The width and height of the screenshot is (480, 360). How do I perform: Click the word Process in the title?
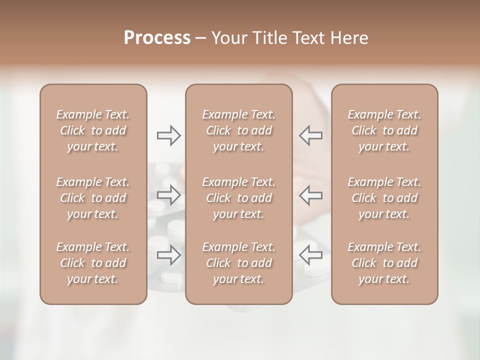(x=157, y=38)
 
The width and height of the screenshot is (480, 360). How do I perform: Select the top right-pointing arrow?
(x=168, y=135)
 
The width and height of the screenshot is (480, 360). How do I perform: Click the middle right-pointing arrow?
(x=168, y=195)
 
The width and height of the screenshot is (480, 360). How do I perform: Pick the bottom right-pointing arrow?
(x=168, y=254)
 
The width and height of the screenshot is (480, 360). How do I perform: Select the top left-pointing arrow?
(x=310, y=135)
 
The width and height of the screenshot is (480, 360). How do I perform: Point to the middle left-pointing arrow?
(x=310, y=195)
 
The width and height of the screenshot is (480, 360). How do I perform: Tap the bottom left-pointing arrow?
(x=310, y=254)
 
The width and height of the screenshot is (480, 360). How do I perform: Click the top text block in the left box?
(x=93, y=130)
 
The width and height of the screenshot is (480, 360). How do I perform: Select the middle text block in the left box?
(x=93, y=198)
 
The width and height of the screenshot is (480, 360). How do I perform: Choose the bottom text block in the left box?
(x=93, y=263)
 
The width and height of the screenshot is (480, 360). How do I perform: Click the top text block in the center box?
(x=239, y=130)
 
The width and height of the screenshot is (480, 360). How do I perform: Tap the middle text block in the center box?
(x=239, y=198)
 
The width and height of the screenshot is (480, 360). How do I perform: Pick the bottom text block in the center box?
(x=239, y=263)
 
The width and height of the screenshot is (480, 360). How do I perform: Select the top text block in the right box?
(x=384, y=130)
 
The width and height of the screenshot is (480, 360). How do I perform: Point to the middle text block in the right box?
(x=384, y=198)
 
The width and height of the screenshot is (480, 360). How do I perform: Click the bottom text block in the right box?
(x=384, y=263)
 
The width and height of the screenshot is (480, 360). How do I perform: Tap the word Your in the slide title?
(x=228, y=38)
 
